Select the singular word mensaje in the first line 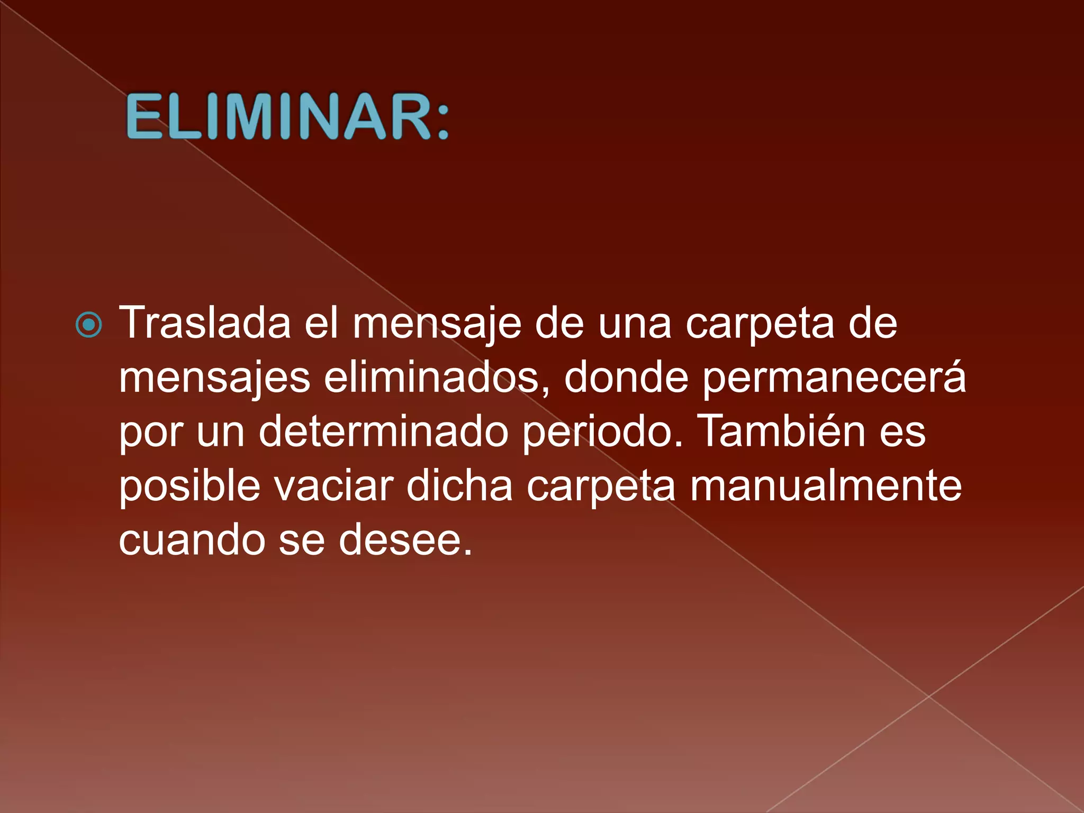coord(437,324)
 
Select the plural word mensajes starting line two coord(214,379)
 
